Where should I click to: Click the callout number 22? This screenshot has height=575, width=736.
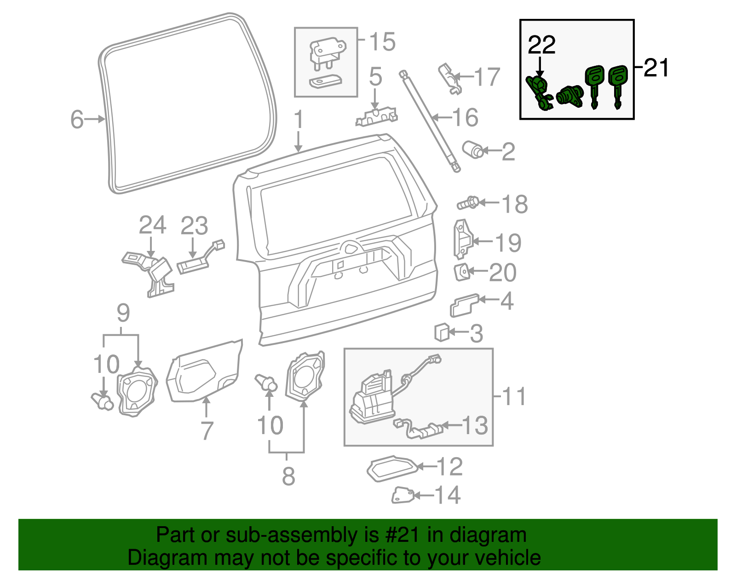[x=541, y=45]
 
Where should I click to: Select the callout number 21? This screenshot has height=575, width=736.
[x=656, y=68]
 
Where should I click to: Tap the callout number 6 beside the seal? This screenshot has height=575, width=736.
[x=77, y=119]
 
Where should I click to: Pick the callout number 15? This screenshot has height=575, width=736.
[x=382, y=42]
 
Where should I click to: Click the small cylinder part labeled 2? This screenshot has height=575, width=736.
[x=473, y=150]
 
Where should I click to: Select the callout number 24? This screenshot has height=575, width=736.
[x=152, y=226]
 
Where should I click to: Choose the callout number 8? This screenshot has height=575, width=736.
[x=288, y=476]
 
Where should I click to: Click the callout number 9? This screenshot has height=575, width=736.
[x=123, y=313]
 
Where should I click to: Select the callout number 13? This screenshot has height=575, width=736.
[x=475, y=425]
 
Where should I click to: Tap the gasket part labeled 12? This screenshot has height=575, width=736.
[x=392, y=468]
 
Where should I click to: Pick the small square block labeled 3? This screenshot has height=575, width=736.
[x=442, y=332]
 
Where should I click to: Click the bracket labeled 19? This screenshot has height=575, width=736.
[x=462, y=238]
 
